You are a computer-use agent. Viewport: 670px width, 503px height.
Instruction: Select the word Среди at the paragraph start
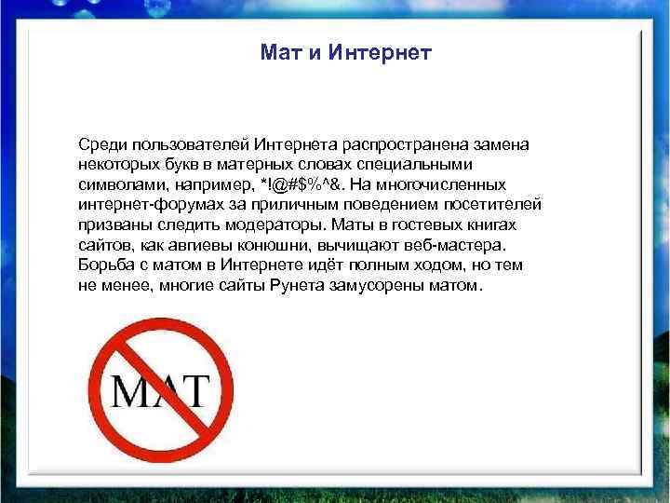101,143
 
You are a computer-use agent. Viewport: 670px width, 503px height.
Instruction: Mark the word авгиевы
199,245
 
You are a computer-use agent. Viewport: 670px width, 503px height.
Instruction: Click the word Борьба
103,265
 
